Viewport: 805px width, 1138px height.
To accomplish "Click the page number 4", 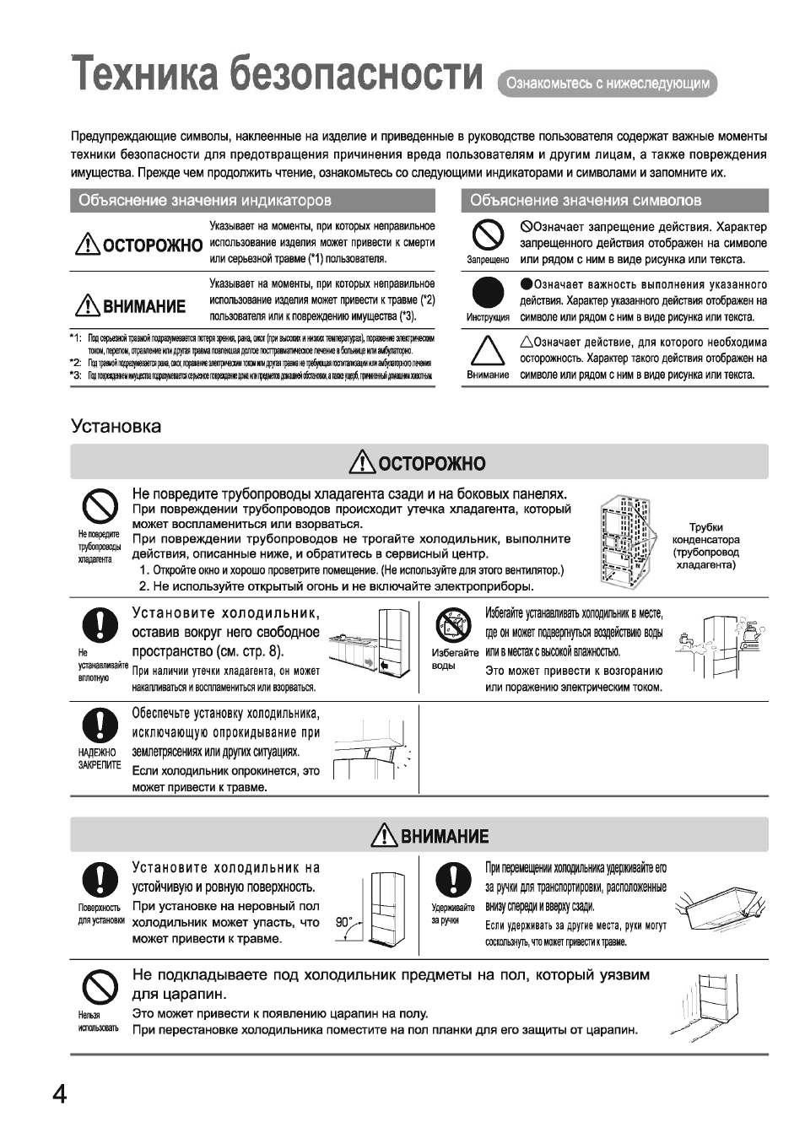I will [59, 1094].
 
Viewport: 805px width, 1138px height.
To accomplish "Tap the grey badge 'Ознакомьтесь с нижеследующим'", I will [608, 84].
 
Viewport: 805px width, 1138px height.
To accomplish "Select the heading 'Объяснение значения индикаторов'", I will [205, 201].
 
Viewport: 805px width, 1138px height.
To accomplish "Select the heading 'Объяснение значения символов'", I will [586, 201].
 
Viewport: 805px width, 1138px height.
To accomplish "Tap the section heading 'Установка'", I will [116, 426].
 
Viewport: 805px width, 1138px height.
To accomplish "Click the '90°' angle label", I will [343, 921].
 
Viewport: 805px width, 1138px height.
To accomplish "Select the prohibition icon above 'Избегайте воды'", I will [454, 627].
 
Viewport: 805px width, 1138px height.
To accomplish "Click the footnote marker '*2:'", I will [76, 361].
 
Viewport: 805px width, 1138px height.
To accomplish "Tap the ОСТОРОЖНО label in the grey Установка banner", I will [419, 463].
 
